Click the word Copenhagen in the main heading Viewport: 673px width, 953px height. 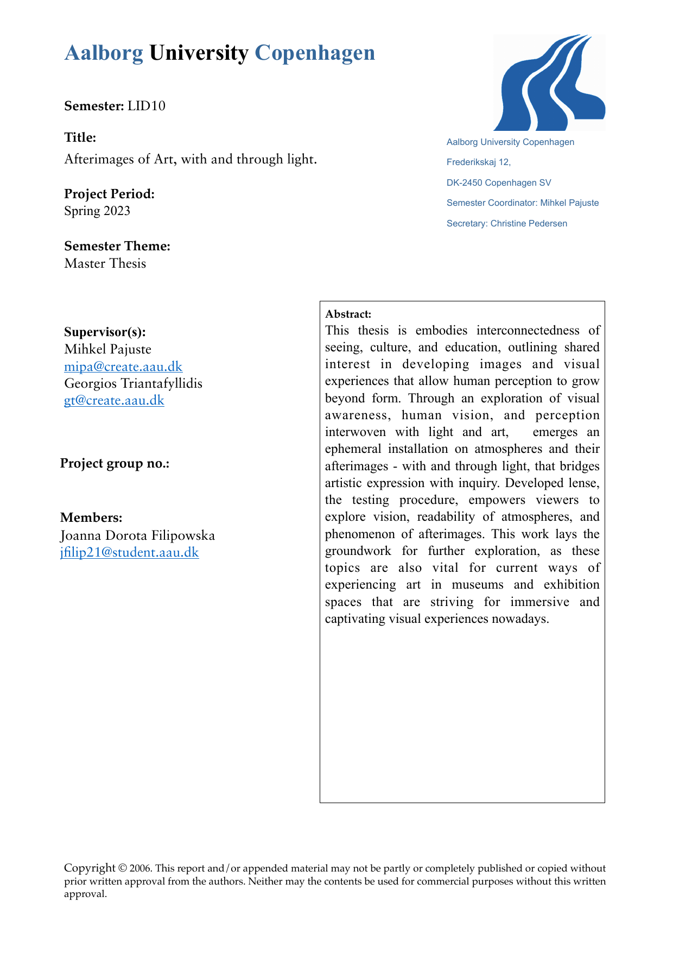[x=315, y=53]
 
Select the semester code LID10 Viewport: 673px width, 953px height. [x=147, y=106]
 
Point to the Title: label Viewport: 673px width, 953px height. [x=80, y=137]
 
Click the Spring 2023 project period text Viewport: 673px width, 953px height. [x=97, y=211]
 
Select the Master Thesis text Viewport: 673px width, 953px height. [x=105, y=263]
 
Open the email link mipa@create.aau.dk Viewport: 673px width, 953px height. [x=123, y=366]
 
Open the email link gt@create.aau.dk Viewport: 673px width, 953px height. [x=114, y=401]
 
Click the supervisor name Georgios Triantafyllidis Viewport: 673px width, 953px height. [x=133, y=383]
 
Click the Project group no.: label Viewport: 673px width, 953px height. [x=115, y=463]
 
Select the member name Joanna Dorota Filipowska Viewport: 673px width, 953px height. [x=137, y=535]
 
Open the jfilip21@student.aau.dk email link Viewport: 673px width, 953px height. [x=129, y=553]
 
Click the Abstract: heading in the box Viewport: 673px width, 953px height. [x=348, y=314]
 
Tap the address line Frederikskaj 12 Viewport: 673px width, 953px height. [x=478, y=162]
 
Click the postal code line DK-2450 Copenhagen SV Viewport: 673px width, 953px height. [x=499, y=183]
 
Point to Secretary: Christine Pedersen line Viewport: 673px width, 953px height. [x=506, y=224]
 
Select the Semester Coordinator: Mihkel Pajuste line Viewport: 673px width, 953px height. [x=522, y=203]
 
